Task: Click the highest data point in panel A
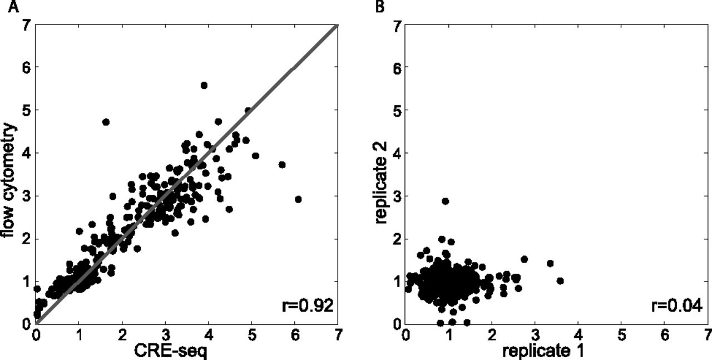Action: click(204, 85)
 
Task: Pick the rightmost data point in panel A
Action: click(298, 199)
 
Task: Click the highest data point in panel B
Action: click(445, 201)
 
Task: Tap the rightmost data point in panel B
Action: click(560, 280)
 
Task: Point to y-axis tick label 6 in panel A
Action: click(26, 67)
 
